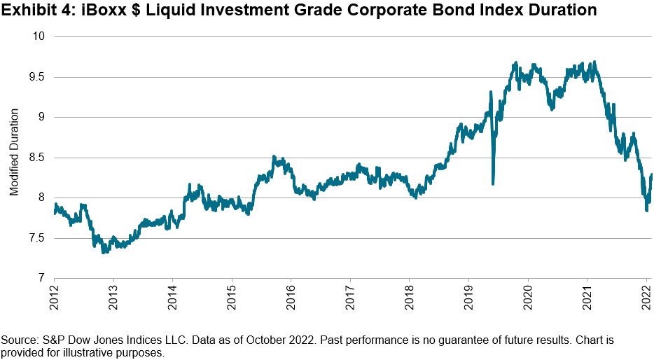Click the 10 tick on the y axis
coord(39,36)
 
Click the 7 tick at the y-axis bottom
coord(41,278)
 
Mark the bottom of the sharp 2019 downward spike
coord(493,184)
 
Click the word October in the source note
coord(252,340)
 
